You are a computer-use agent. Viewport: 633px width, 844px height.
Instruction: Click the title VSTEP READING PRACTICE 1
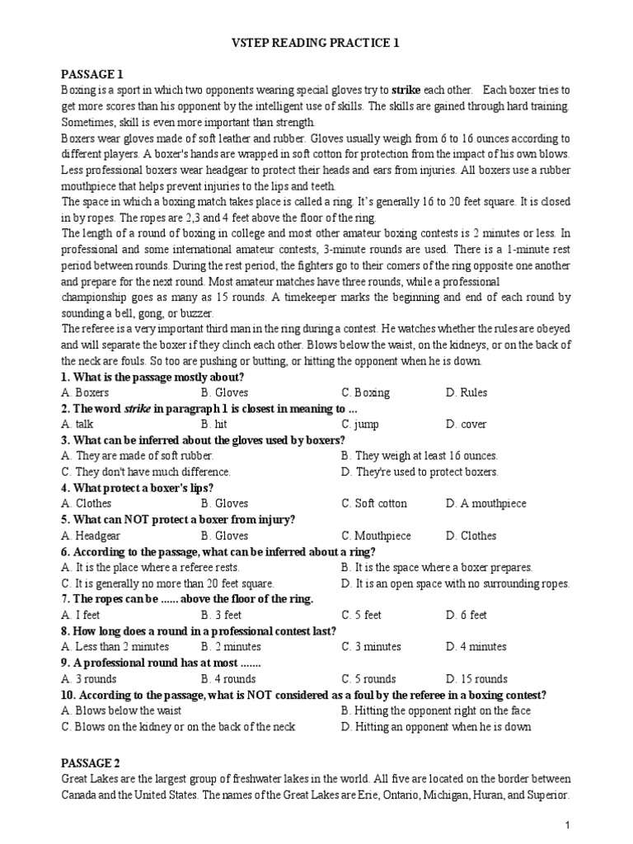coord(317,43)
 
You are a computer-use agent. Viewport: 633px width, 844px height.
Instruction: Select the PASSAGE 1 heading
coord(91,73)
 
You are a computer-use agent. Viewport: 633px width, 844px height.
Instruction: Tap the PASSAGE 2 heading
coord(91,763)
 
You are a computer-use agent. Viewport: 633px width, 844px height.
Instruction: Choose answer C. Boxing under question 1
coord(366,392)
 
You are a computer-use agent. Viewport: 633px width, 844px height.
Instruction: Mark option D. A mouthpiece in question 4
coord(485,504)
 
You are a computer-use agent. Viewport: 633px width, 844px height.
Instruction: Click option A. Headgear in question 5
coord(91,536)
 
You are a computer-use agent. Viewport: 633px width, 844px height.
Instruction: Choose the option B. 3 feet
coord(221,615)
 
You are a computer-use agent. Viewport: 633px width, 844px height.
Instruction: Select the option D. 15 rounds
coord(476,679)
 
